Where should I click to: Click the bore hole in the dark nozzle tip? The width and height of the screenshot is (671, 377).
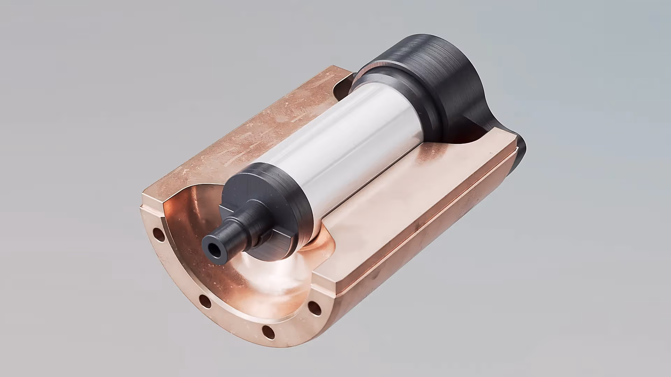[x=212, y=249]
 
